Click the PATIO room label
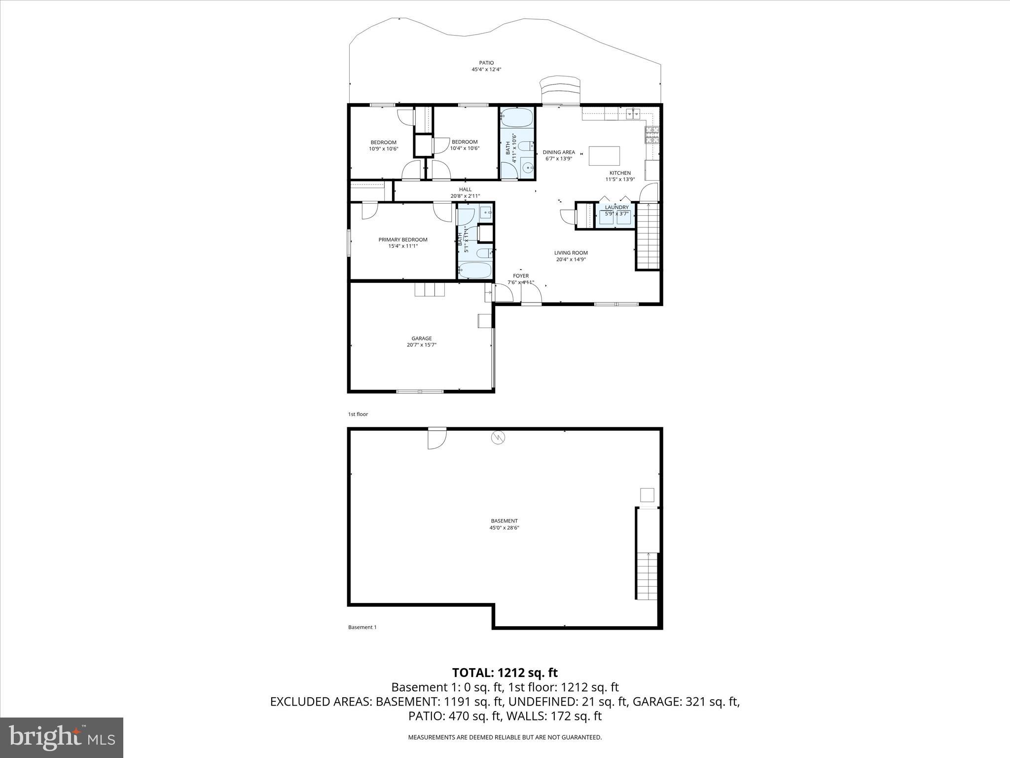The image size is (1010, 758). pos(486,63)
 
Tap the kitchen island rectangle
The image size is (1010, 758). pos(605,156)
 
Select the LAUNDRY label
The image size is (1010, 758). pos(616,207)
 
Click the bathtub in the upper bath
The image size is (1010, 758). pos(517,117)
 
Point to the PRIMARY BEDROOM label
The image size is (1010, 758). pos(403,240)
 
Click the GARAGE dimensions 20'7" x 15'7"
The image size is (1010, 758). pos(422,345)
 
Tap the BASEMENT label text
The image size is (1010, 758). pos(504,521)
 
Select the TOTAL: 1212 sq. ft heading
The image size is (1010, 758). pos(505,673)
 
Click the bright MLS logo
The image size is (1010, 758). pos(62,738)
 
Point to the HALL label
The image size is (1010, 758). pos(465,189)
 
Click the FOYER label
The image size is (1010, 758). pos(521,276)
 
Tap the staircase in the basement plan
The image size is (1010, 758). pos(647,575)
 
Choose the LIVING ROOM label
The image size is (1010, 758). pos(571,253)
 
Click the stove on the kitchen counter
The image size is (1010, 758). pos(652,135)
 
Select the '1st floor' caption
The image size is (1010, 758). pos(358,414)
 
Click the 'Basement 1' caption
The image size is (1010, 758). pos(362,627)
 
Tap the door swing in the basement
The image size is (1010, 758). pos(436,439)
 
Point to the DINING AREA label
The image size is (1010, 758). pos(559,152)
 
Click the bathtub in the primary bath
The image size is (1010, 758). pos(475,270)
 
